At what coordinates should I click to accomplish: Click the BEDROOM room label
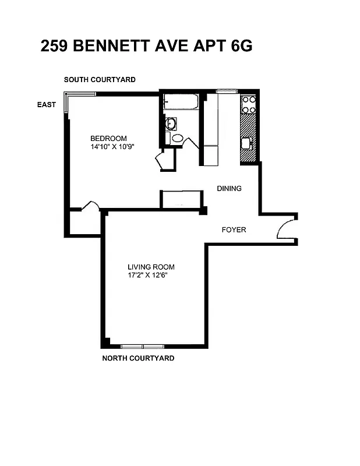(x=108, y=138)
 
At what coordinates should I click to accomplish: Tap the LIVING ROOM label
(x=151, y=267)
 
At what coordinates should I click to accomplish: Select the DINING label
(x=229, y=188)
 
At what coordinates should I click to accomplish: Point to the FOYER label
(x=234, y=230)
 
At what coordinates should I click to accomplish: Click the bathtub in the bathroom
(x=181, y=103)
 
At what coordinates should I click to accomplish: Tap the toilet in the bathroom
(x=177, y=139)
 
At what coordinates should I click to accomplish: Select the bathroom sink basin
(x=171, y=123)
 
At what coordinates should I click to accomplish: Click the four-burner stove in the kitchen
(x=249, y=104)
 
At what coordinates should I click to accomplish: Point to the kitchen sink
(x=246, y=143)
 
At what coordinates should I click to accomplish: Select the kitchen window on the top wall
(x=227, y=91)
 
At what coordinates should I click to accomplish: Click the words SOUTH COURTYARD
(x=100, y=79)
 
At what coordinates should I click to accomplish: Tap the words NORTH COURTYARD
(x=138, y=358)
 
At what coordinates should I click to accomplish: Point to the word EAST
(x=47, y=105)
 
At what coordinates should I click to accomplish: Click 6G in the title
(x=241, y=47)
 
